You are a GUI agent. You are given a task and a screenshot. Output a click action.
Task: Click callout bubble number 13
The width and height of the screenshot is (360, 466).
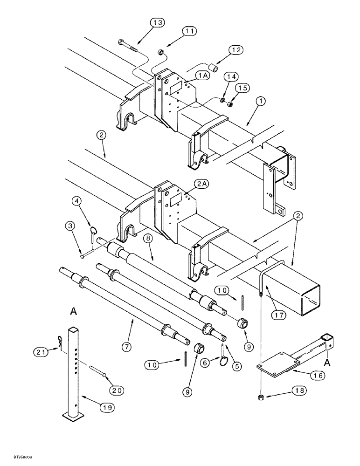pos(158,23)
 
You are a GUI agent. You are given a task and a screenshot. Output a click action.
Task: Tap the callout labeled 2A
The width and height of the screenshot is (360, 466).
pos(204,185)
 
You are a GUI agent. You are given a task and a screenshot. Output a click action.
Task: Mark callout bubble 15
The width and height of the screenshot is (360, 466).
pos(241,88)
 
